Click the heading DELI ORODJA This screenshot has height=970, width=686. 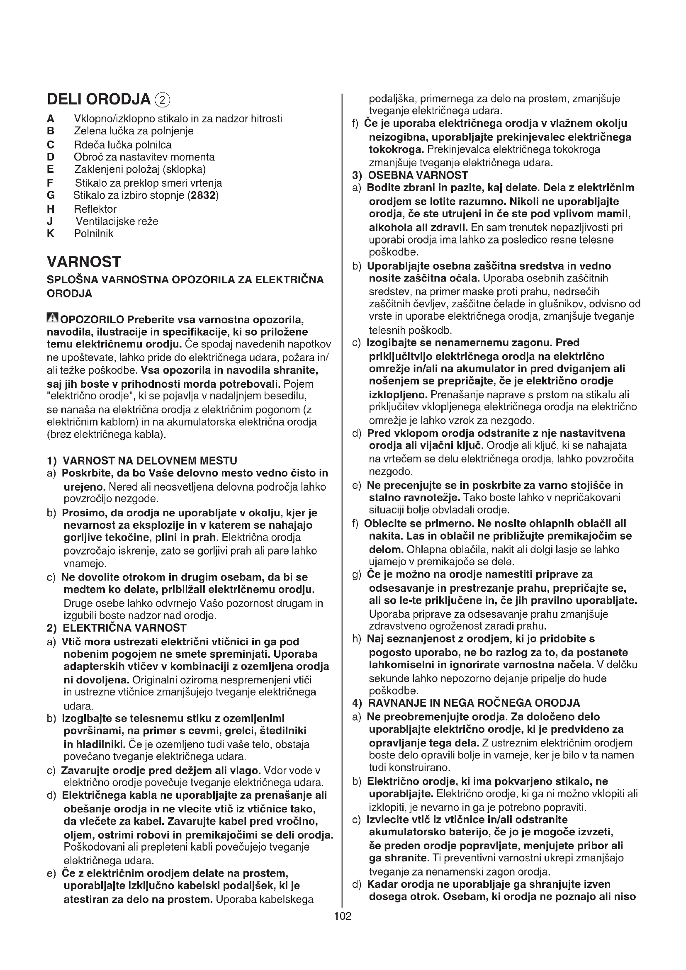98,100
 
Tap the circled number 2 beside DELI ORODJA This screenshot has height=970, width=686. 163,100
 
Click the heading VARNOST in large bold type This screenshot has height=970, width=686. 84,262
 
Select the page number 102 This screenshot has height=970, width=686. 343,916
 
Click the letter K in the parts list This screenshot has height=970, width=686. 51,233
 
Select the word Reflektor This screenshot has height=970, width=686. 95,209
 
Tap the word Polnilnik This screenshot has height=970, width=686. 94,233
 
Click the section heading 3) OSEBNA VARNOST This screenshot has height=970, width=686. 410,175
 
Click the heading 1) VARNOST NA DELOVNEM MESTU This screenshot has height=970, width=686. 142,460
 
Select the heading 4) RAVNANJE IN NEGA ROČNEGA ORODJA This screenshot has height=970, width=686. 466,703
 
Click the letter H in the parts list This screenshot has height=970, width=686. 51,209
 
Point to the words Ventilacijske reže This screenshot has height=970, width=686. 117,221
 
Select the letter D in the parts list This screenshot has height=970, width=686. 51,157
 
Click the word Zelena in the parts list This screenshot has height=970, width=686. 88,131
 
